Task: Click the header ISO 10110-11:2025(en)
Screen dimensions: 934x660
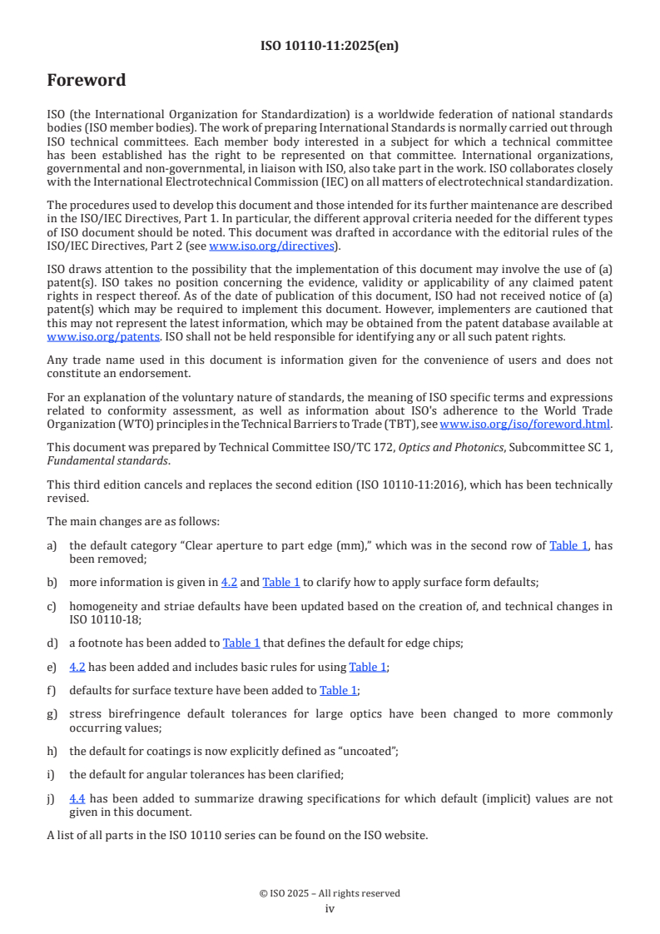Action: [330, 47]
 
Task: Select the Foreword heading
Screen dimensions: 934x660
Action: [87, 81]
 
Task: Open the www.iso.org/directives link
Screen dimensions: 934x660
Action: [271, 246]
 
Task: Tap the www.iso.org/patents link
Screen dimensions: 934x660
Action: [82, 336]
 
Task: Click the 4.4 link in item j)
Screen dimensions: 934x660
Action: [77, 798]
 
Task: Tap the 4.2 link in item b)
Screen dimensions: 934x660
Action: [229, 582]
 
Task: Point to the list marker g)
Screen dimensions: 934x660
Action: [53, 713]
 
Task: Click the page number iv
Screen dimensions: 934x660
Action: [330, 908]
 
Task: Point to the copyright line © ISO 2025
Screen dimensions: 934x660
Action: [330, 893]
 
